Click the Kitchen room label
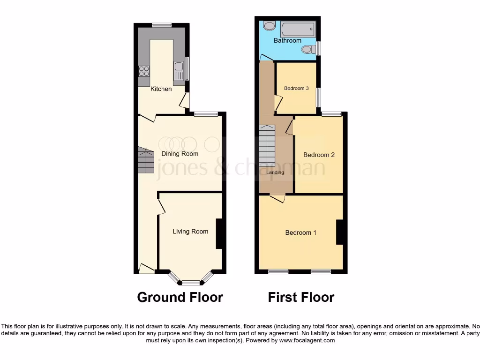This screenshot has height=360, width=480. point(161,89)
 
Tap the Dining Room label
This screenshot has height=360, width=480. point(180,154)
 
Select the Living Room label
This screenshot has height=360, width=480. point(190,231)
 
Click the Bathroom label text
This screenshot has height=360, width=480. point(287,41)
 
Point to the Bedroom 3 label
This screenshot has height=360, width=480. point(296,88)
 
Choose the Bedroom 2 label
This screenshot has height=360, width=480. point(319,155)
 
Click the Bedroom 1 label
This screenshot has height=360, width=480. point(301,232)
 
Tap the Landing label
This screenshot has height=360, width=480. point(275,172)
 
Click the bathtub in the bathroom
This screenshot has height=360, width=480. point(297,30)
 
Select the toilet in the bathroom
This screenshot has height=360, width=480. point(308,49)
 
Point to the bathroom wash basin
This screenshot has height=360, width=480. point(270,26)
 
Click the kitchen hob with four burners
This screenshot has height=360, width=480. point(144,71)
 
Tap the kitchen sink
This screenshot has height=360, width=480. point(179,71)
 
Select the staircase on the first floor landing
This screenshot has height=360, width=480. point(268,146)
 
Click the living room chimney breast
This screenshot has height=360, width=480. point(219,233)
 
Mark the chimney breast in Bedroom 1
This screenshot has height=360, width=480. point(340,232)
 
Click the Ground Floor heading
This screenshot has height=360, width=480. point(180,297)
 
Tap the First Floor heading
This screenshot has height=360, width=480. point(301,297)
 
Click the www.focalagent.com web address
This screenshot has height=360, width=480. point(307,340)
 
